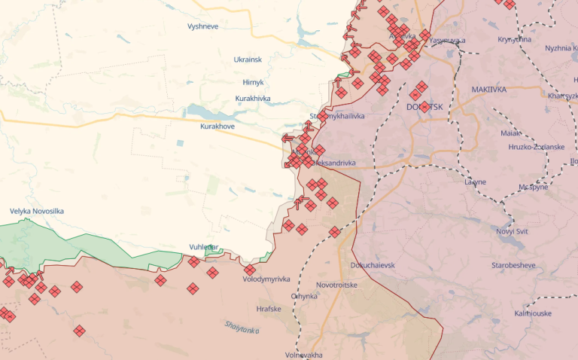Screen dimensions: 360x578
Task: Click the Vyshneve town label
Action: point(202,26)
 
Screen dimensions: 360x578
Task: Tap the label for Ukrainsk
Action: point(248,59)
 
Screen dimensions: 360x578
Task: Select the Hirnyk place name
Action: point(254,82)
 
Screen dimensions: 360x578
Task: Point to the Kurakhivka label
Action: point(253,99)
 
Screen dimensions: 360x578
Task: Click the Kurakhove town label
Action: point(218,126)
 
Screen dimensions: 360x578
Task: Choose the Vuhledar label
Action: point(204,247)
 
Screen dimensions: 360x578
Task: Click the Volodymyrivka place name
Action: point(266,279)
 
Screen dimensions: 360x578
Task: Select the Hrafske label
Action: point(269,308)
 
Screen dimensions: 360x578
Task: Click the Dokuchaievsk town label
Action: point(373,265)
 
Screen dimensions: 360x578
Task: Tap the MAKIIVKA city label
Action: point(488,90)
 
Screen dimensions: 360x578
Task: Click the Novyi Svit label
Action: point(513,231)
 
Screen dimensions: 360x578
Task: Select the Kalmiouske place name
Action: point(533,313)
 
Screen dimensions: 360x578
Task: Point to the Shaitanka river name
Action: point(242,326)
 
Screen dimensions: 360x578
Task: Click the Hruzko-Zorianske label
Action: point(536,147)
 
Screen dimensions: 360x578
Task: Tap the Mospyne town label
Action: point(534,187)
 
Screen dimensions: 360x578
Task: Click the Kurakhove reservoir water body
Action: point(218,111)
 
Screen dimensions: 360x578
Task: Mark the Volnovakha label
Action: point(304,355)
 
